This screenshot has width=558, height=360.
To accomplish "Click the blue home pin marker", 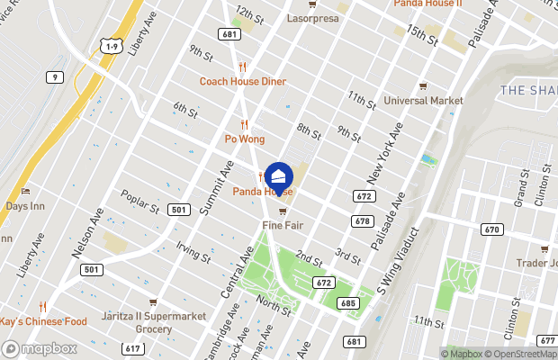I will point(279,175).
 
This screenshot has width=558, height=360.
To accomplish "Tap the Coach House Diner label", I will point(243,82).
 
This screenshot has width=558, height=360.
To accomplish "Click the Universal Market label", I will point(423,100).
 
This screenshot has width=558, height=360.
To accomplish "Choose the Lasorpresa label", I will point(311,17).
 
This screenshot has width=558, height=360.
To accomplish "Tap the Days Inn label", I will point(25,206).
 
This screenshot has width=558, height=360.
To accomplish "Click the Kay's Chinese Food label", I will point(43,321).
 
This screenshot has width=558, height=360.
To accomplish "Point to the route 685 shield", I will point(348,303).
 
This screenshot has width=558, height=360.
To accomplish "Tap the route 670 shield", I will point(490,229).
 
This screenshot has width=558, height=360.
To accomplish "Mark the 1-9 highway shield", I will point(112,46).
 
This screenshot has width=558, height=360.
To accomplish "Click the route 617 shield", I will point(132,348).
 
